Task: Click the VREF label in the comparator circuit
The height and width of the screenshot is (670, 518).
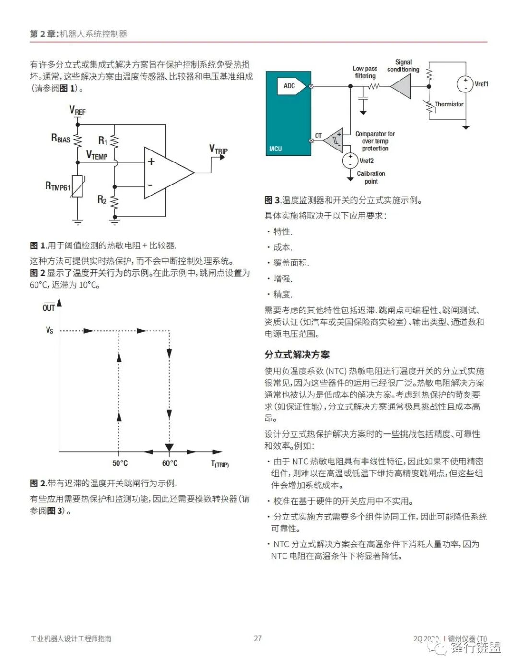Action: coord(77,111)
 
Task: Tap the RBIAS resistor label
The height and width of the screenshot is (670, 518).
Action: coord(60,139)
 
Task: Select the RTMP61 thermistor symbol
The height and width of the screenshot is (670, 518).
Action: coord(78,186)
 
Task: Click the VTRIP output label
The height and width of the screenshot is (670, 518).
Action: coord(218,150)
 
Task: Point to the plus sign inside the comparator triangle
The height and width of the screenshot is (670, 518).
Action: coord(151,162)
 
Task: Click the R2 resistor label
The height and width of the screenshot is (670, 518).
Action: coord(102,200)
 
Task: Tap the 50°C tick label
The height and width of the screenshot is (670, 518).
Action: coord(120,463)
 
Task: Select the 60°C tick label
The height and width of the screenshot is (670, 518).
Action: coord(169,463)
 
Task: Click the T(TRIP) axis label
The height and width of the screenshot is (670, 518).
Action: coord(220,464)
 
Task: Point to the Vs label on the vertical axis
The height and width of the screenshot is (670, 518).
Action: coord(49,330)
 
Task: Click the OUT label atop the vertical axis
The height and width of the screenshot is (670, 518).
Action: coord(48,308)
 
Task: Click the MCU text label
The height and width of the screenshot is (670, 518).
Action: coord(275,149)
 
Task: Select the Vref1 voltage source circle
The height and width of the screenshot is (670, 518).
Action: coord(465,84)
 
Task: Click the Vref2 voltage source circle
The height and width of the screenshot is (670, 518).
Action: coord(350,161)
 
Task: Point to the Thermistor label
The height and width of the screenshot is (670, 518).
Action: coord(449,104)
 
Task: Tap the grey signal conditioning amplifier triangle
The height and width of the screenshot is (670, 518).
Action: coord(402,87)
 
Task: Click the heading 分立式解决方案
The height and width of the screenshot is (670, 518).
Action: coord(297,355)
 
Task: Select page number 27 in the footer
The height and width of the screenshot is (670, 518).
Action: coord(258,638)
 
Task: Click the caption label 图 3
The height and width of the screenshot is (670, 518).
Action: coord(272,200)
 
